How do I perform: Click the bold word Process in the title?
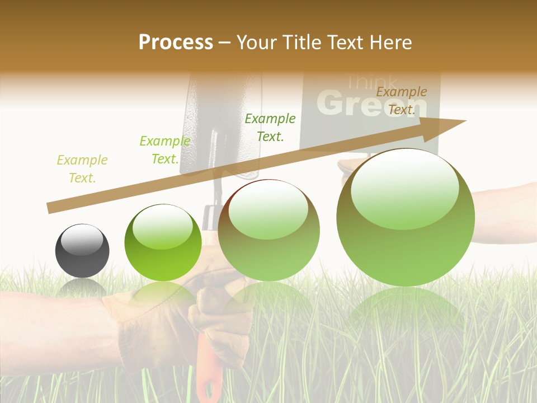coord(176,42)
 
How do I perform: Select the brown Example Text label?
coord(401,101)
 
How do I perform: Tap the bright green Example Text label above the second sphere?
coord(164,150)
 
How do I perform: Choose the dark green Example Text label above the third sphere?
coord(270,127)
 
